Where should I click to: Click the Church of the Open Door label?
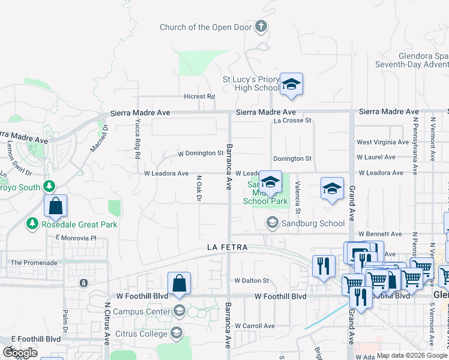point(206,27)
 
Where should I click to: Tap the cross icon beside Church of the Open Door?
point(261,26)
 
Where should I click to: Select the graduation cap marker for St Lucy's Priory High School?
point(291,85)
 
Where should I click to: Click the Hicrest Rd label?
point(199,97)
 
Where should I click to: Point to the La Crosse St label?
point(292,120)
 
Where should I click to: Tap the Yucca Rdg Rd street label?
point(137,138)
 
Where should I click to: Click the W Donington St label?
point(200,154)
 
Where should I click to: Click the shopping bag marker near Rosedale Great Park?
point(55,206)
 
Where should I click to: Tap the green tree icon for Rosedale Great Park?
point(31,224)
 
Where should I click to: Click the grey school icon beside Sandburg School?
point(271,223)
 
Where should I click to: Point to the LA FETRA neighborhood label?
point(228,247)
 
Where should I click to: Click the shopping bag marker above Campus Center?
point(179,284)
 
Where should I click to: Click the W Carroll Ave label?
point(255,326)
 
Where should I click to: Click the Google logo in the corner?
point(20,353)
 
